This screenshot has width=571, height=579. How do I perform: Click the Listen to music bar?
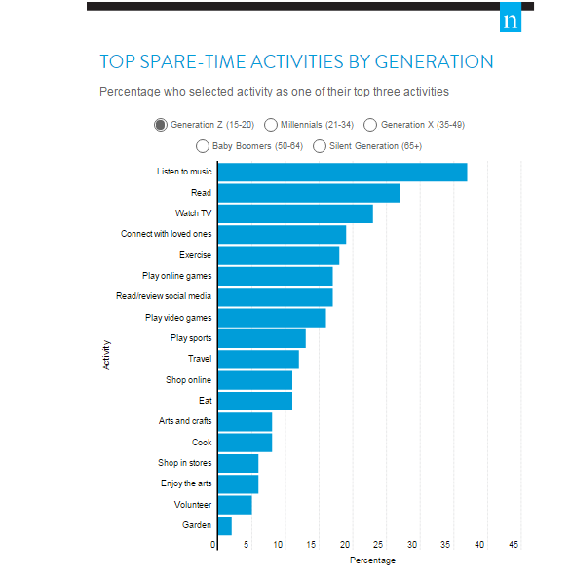[342, 173]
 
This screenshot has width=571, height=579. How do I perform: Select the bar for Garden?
[225, 525]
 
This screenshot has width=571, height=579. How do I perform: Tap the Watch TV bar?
[295, 213]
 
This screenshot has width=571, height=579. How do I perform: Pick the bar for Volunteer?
[235, 505]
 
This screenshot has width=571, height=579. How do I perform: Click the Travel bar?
[258, 360]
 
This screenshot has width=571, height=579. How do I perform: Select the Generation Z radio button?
[160, 125]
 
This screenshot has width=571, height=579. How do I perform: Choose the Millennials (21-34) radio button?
[270, 125]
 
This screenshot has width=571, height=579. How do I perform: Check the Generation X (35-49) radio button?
[370, 125]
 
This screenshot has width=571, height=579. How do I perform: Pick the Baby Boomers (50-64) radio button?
[203, 146]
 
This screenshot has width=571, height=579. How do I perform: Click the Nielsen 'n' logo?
[510, 20]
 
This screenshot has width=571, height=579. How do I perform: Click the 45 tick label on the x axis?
[514, 545]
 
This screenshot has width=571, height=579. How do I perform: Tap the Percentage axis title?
[372, 560]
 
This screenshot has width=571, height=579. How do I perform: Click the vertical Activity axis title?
[106, 353]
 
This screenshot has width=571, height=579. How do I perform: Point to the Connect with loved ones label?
[166, 234]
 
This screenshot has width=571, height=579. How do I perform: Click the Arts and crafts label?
[184, 421]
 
